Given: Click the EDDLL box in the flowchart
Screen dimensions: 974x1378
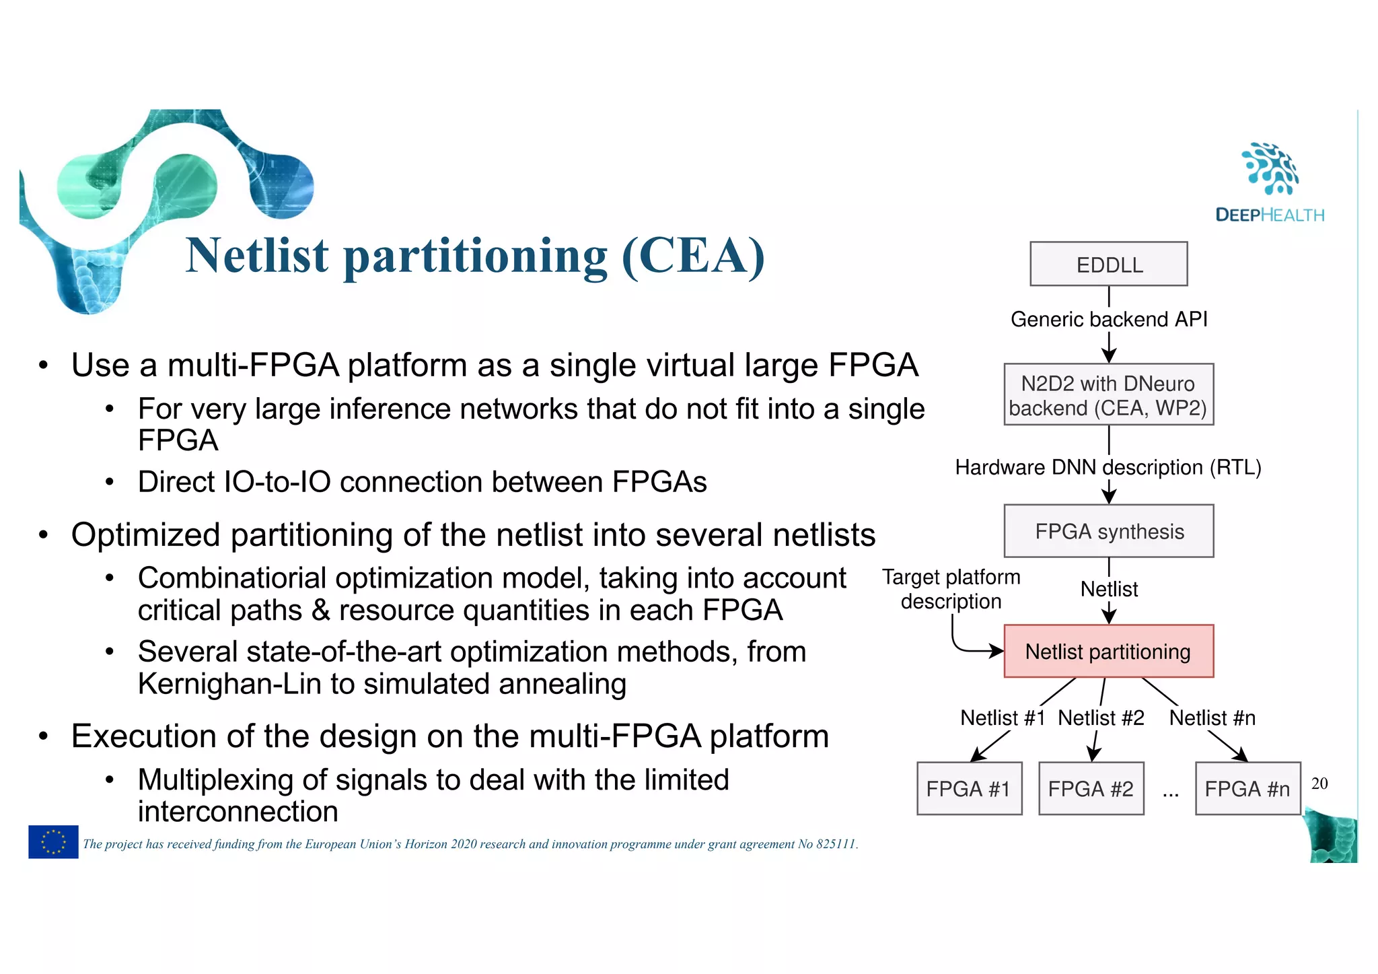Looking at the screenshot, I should click(1108, 264).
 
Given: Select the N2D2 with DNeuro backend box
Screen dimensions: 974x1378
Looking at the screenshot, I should click(1108, 394).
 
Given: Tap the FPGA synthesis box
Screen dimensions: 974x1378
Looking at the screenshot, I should click(1108, 531).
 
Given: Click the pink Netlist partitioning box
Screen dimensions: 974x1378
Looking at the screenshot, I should click(1108, 651).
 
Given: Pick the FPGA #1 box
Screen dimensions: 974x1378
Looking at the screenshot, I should click(969, 788).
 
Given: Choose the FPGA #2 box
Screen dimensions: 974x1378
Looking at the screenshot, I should click(1091, 788).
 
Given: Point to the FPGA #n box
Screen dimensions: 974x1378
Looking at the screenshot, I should click(1247, 788).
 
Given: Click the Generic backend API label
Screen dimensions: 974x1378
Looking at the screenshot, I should click(1108, 319).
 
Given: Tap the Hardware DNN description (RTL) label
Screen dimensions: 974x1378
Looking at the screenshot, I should click(1108, 467).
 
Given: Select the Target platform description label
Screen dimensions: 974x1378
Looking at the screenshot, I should click(951, 589).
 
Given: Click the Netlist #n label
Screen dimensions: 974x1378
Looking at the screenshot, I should click(1212, 718).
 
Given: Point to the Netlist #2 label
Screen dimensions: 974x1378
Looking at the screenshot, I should click(1101, 718).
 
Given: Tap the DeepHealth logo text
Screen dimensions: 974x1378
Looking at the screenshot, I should click(1270, 215).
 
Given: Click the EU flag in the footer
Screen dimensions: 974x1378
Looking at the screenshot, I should click(53, 841).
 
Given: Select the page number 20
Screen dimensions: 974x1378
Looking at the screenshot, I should click(1319, 783).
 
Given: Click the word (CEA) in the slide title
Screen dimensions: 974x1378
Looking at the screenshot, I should click(693, 256).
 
